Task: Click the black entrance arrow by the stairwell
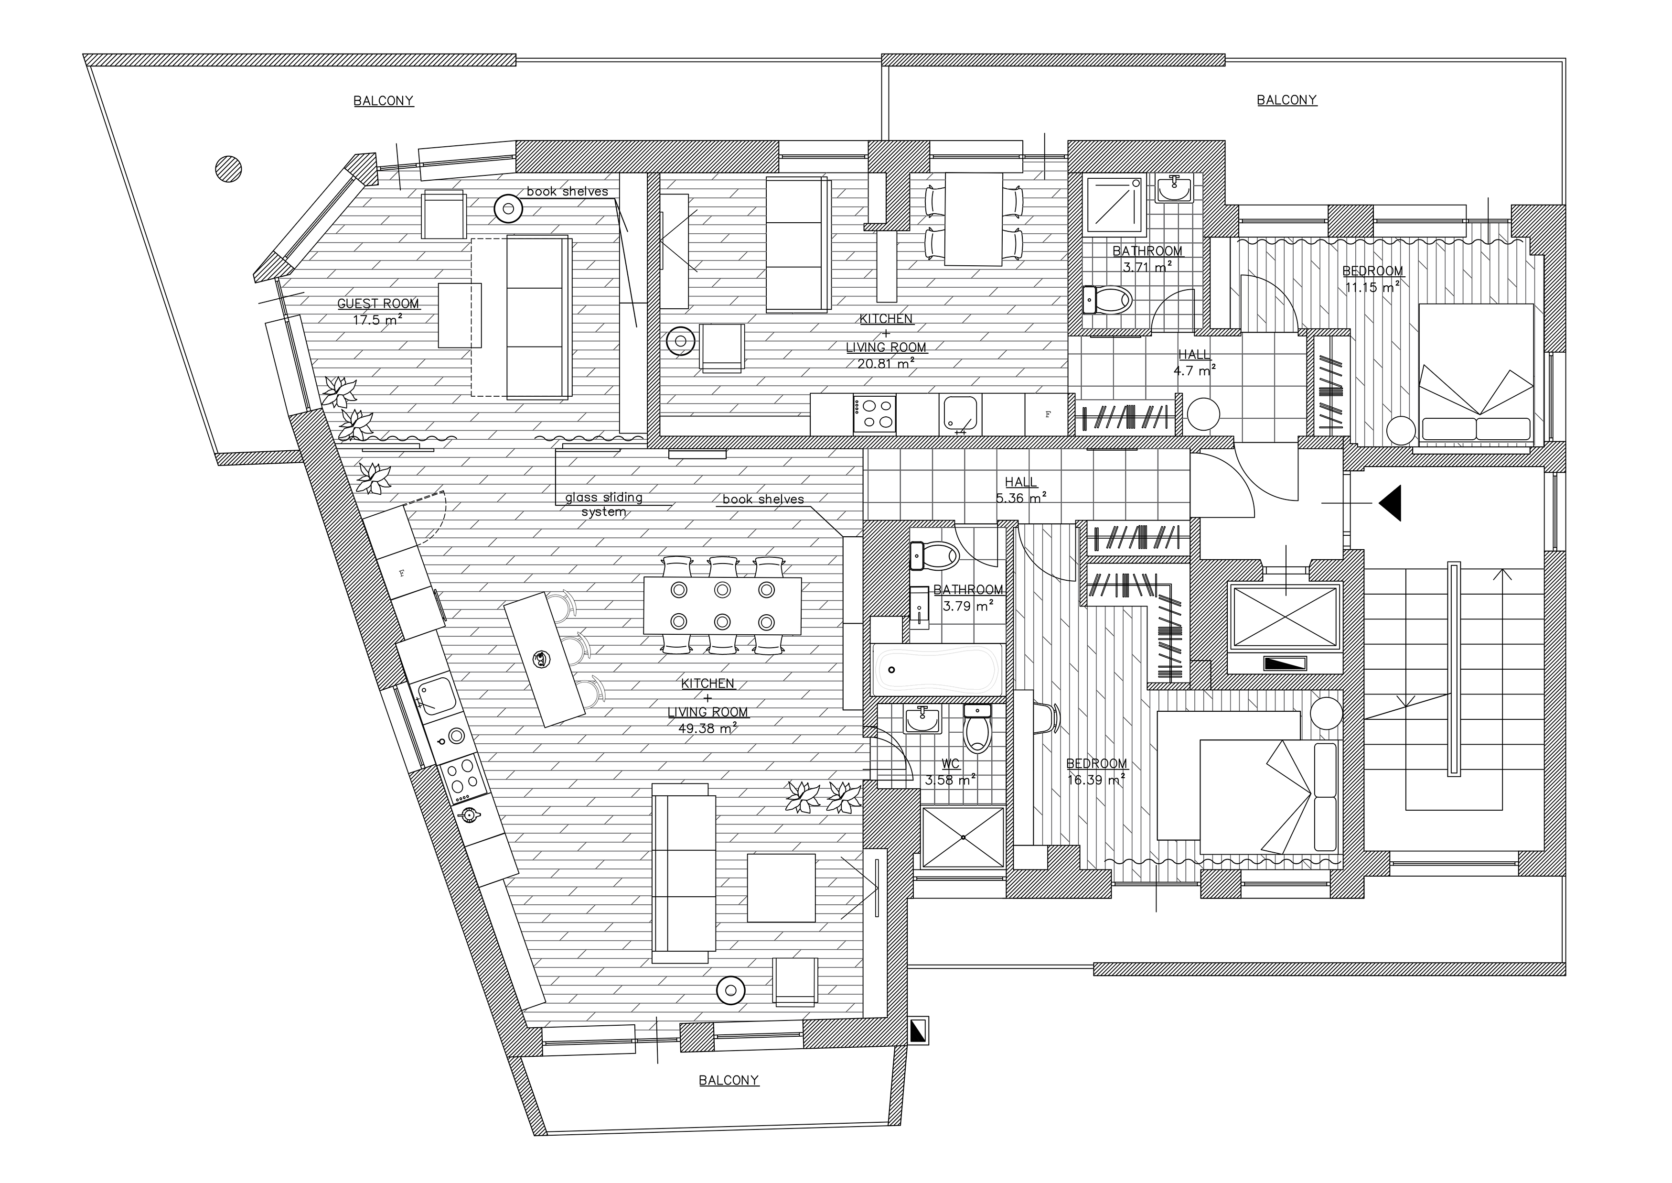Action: point(1390,503)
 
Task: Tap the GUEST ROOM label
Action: point(378,304)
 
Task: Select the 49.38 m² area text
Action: point(707,727)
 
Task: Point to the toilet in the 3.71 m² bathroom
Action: point(1107,299)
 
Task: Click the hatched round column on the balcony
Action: point(229,169)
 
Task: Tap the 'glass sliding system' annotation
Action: point(604,504)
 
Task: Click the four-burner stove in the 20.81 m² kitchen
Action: point(875,414)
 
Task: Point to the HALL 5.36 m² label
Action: point(1020,489)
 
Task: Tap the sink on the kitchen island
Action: point(540,659)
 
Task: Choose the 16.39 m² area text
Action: point(1096,780)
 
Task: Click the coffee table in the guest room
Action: point(460,315)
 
